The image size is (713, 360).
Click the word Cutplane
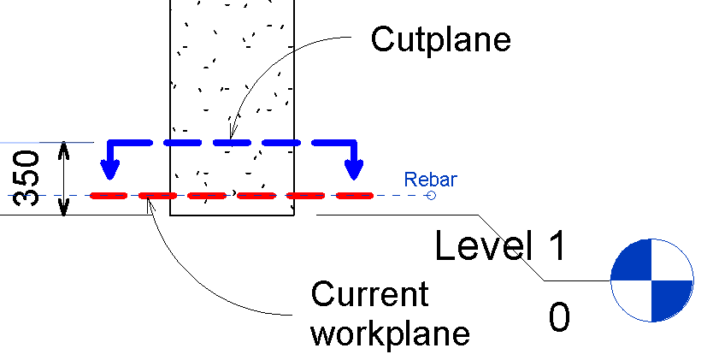pyautogui.click(x=440, y=40)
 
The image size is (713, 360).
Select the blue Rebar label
pyautogui.click(x=430, y=180)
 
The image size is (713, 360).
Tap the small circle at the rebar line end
pyautogui.click(x=431, y=196)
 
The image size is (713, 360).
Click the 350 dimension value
pyautogui.click(x=26, y=178)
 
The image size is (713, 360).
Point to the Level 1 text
pyautogui.click(x=500, y=245)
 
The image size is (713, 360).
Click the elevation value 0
pyautogui.click(x=559, y=318)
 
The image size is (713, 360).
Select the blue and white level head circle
pyautogui.click(x=651, y=280)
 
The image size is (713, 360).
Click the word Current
pyautogui.click(x=369, y=294)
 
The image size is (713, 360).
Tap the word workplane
pyautogui.click(x=390, y=334)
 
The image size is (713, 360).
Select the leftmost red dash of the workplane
pyautogui.click(x=109, y=196)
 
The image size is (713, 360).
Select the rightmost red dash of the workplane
pyautogui.click(x=355, y=196)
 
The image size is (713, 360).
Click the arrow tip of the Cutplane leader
pyautogui.click(x=231, y=139)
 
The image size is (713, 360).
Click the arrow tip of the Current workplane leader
pyautogui.click(x=147, y=199)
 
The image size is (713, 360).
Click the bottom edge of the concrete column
pyautogui.click(x=232, y=215)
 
